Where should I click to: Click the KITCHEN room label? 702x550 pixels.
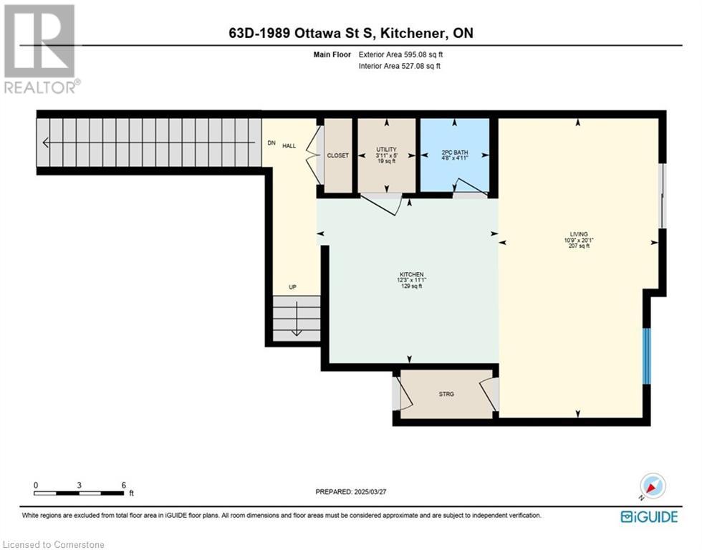coord(412,274)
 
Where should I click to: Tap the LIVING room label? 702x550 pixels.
coord(579,234)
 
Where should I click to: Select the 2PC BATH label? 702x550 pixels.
coord(454,153)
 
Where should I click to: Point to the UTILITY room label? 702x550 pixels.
coord(386,150)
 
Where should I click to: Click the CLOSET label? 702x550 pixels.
coord(338,155)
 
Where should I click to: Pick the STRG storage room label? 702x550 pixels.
coord(446,395)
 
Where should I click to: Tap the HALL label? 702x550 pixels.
coord(289,146)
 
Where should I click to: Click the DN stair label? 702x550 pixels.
coord(271,143)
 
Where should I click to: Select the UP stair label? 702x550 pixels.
coord(292,287)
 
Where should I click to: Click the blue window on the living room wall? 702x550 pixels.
coord(646,356)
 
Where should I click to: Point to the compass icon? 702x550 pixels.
coord(653,487)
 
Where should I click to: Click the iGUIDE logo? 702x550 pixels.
coord(649,517)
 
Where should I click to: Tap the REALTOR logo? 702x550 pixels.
coord(42,49)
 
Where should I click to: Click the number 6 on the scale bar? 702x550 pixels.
coord(124,485)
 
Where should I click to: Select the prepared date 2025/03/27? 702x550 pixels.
coord(370,491)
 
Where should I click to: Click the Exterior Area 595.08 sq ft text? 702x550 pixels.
coord(400,54)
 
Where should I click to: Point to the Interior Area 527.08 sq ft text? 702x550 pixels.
coord(400,66)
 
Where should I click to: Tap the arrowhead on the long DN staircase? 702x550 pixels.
coord(46,143)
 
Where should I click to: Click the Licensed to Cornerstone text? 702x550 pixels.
coord(52,545)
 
